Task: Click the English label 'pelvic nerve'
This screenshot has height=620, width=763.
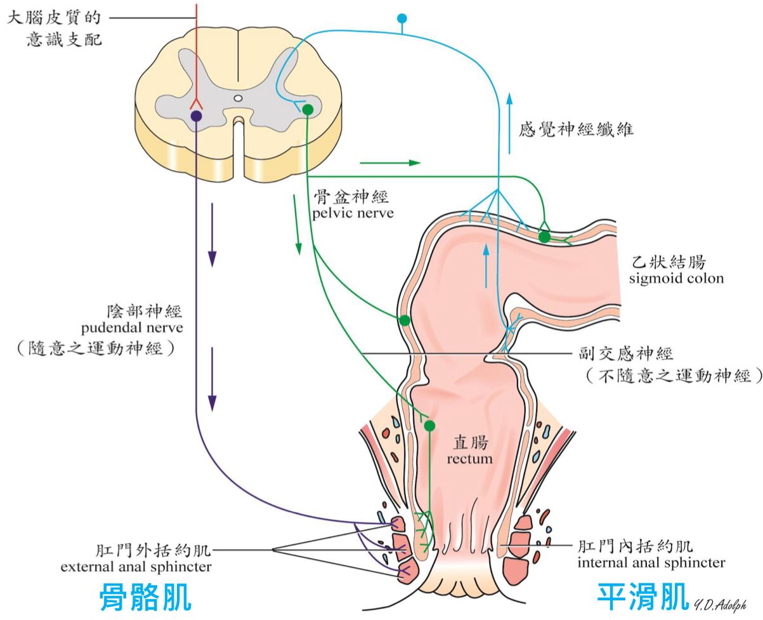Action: tap(353, 213)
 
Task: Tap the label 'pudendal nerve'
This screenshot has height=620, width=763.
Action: tap(132, 328)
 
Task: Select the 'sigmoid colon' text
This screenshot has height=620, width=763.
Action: tap(676, 279)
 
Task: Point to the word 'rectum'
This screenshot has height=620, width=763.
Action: tap(469, 458)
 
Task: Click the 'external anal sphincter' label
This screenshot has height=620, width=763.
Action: tap(136, 566)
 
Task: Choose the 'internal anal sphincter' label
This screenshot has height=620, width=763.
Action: tap(651, 562)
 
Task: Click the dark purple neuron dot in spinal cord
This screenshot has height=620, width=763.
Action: tap(196, 115)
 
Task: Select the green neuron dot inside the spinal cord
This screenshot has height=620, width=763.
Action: tap(308, 110)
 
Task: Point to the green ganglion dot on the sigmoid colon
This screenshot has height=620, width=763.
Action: tap(544, 237)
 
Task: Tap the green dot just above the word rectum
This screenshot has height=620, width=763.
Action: tap(429, 425)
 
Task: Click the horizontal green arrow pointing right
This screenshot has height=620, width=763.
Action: tap(389, 163)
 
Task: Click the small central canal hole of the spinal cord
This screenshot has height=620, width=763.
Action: tap(238, 98)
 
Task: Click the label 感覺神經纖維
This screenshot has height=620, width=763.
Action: tap(576, 131)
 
